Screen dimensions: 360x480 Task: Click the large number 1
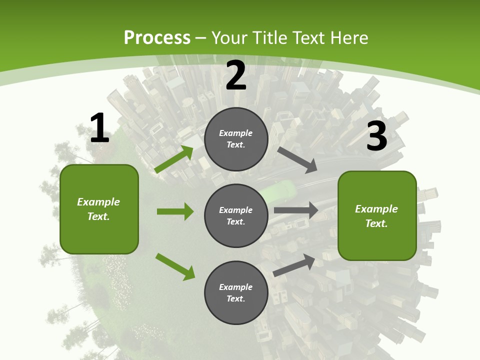[99, 128]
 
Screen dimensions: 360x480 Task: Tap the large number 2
[236, 76]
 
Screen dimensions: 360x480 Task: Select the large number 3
[376, 136]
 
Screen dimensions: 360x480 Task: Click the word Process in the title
[157, 37]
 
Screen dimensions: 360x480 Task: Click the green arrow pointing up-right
[174, 159]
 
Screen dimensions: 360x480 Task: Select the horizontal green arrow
[175, 211]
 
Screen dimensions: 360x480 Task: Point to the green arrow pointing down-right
[175, 266]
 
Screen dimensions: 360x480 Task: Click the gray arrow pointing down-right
[298, 159]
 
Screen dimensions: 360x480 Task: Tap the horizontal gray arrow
[296, 210]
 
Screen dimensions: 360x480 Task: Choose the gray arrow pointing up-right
[294, 265]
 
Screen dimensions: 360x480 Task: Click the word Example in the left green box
[98, 202]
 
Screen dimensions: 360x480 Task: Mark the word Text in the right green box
[376, 223]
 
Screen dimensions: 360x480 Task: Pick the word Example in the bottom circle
[235, 287]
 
